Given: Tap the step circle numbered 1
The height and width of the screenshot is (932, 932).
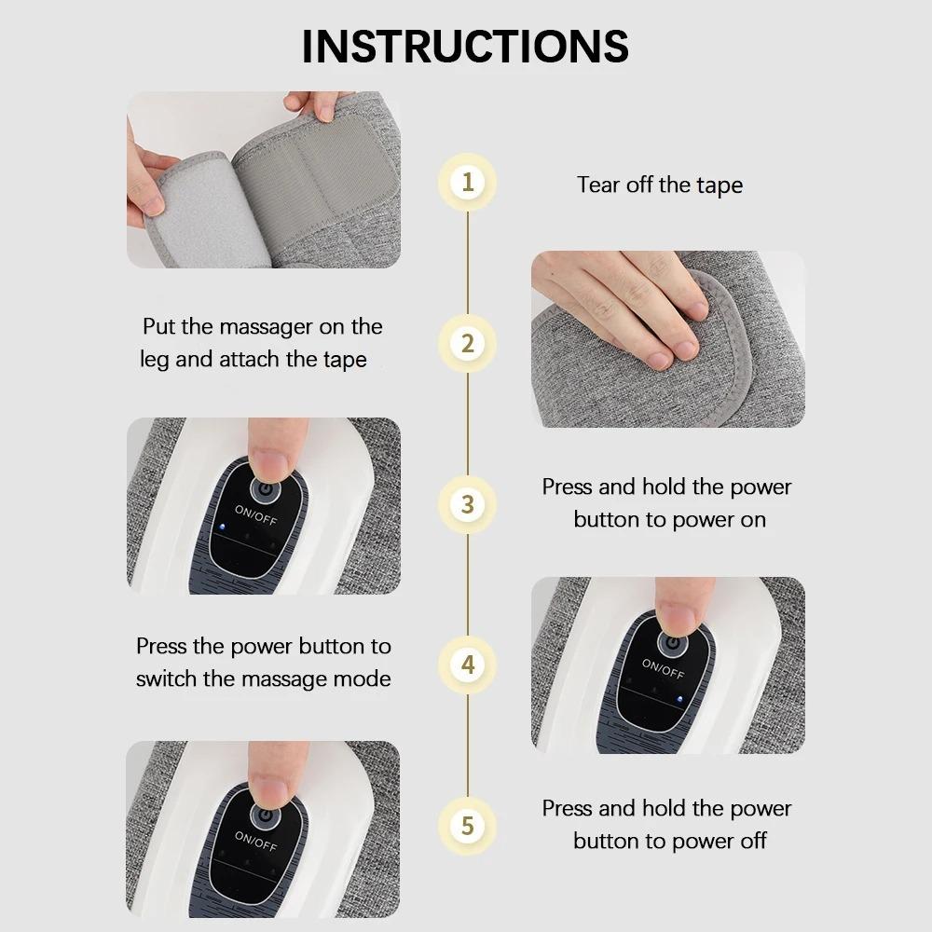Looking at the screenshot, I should coord(468,181).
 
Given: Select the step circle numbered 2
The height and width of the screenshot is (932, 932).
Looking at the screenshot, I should coord(468,343).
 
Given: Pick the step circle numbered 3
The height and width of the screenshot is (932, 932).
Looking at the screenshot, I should coord(468,504).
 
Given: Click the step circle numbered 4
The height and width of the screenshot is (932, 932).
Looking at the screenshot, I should coord(468,665).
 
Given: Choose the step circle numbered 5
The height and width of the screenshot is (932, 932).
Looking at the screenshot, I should coord(468,826).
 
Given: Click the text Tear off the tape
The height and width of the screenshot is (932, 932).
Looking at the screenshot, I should coord(660,185).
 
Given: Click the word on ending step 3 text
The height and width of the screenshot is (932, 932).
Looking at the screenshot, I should coord(753,519).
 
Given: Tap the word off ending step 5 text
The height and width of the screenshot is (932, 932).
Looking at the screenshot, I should coord(752,841).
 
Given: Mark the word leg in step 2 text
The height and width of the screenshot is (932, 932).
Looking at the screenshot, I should coord(155,361).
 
